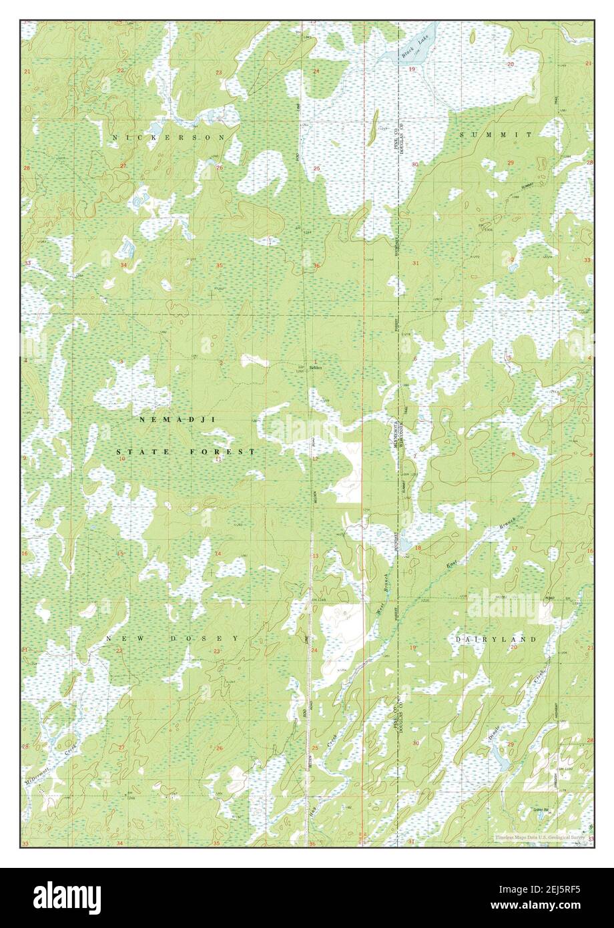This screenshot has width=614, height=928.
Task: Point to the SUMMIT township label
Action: [495, 135]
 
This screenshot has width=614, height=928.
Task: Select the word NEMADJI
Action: [171, 419]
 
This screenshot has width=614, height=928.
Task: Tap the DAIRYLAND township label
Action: [496, 639]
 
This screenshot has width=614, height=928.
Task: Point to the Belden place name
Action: [315, 367]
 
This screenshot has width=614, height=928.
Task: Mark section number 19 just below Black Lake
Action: [412, 69]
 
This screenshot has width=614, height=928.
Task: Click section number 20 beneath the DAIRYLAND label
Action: [514, 648]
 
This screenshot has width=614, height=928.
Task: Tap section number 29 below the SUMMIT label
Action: [511, 163]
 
